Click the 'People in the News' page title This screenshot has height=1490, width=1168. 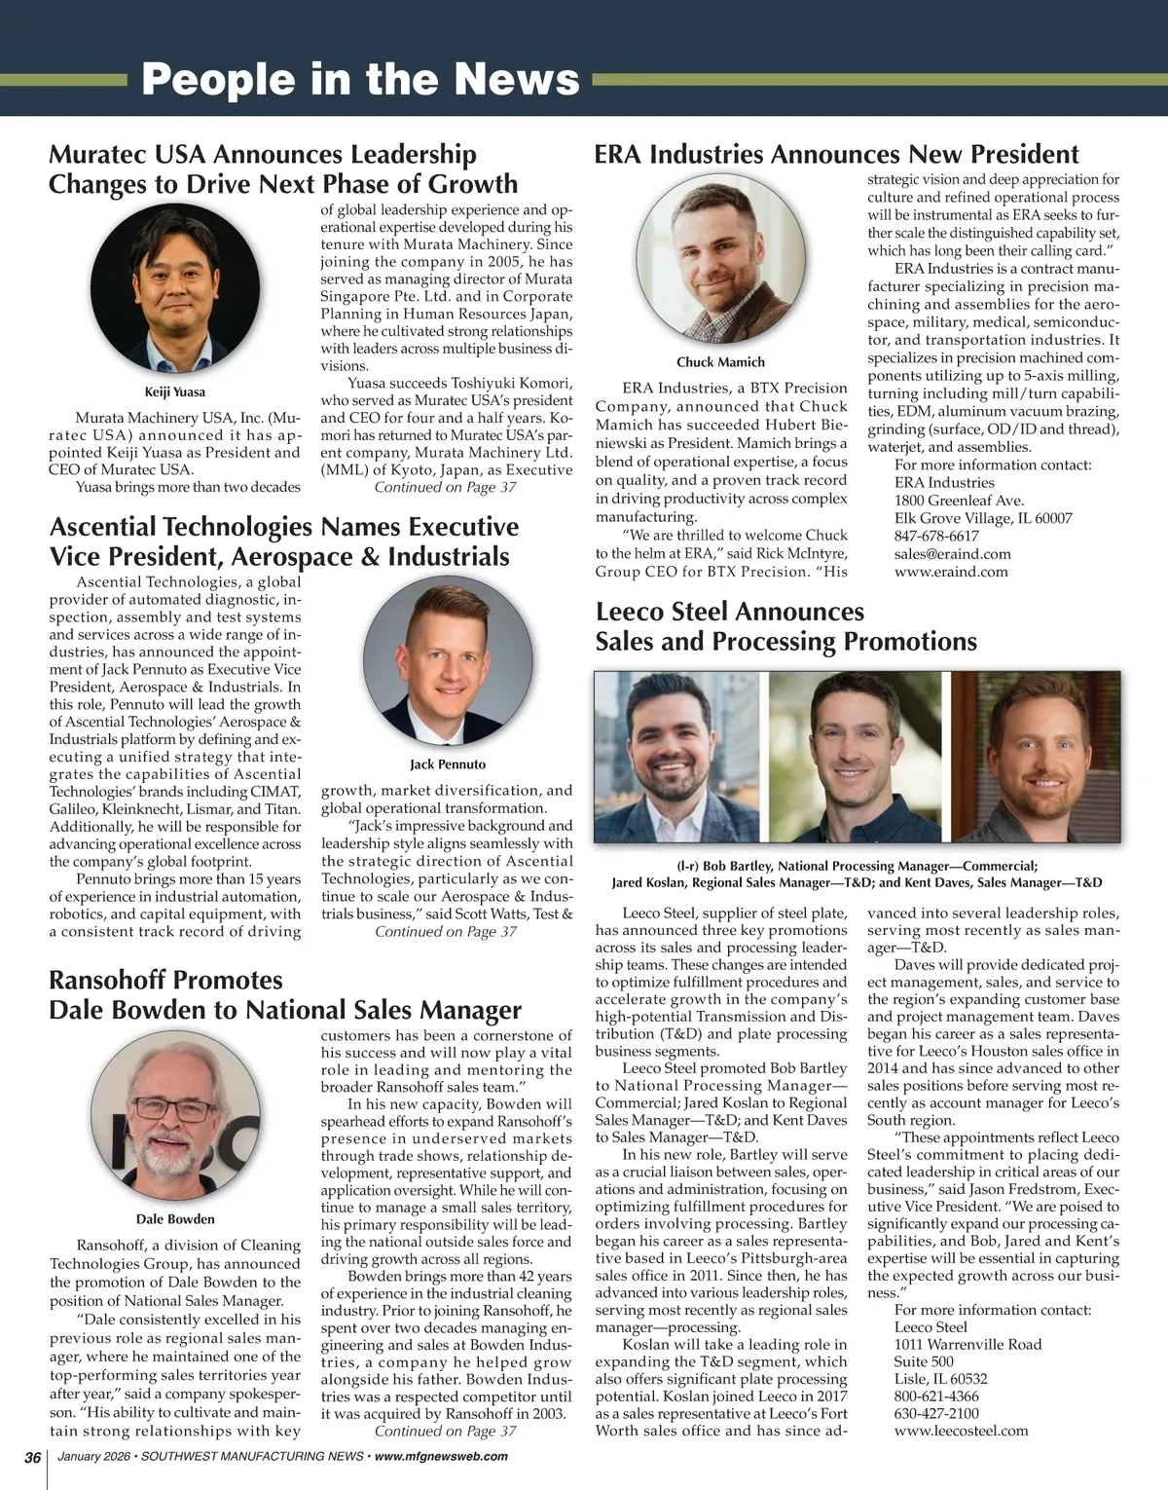[x=360, y=80]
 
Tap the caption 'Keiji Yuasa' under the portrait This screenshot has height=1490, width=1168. [x=175, y=392]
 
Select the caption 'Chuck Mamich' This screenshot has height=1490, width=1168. [x=720, y=362]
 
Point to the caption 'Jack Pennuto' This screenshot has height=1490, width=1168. [x=448, y=764]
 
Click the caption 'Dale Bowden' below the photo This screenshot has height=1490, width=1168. [x=175, y=1219]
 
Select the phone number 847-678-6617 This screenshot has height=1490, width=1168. [x=936, y=536]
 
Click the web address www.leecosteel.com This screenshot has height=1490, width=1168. [x=961, y=1431]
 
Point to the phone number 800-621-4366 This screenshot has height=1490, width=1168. [x=936, y=1397]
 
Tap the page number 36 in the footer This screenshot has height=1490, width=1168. [x=32, y=1457]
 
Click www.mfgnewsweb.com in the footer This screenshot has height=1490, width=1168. [x=441, y=1457]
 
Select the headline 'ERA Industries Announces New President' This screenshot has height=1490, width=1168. [x=836, y=154]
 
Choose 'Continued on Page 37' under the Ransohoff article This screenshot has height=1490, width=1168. [x=446, y=1431]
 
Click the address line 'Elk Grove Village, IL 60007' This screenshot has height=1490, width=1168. [x=983, y=518]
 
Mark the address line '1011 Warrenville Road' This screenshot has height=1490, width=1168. [x=967, y=1344]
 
